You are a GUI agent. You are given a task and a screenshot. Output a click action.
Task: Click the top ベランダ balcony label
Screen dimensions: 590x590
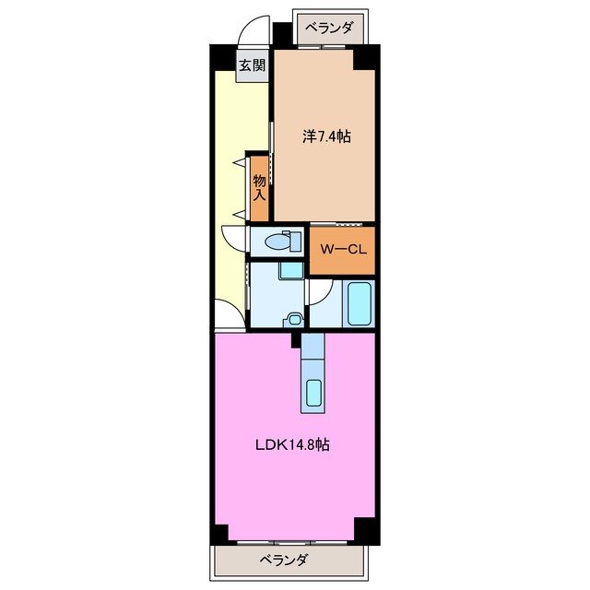point(328,28)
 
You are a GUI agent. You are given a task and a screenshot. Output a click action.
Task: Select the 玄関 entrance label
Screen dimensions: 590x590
point(253,65)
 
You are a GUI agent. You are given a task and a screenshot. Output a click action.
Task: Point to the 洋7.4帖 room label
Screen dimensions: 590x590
point(326,136)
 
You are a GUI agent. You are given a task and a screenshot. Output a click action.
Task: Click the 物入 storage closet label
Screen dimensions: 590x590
point(260,188)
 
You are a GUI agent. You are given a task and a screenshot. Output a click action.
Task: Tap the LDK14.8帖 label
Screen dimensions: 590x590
point(293,445)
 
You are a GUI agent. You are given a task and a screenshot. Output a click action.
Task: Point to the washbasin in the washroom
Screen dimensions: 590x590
point(294,319)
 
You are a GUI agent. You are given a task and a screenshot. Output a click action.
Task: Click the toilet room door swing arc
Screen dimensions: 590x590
point(233,238)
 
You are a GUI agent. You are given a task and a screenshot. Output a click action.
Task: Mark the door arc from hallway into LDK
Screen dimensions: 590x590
point(230,314)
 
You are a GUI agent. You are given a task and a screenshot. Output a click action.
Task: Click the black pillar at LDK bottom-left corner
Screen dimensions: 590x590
point(218,533)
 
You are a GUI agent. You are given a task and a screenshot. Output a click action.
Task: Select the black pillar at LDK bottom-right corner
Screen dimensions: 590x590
point(366,531)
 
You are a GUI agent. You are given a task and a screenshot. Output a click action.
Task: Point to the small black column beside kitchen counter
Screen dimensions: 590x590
point(296,340)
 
